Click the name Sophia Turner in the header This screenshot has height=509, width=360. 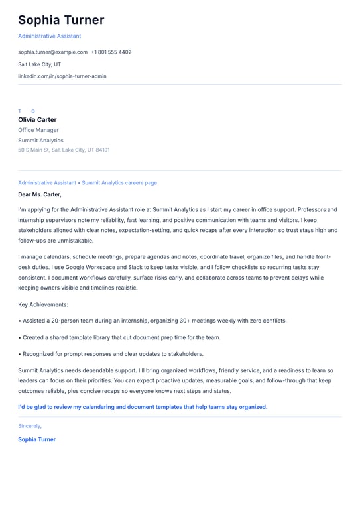point(61,21)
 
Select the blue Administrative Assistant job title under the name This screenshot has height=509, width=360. point(50,36)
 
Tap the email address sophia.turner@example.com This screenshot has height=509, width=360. point(52,52)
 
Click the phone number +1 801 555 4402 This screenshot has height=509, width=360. point(111,52)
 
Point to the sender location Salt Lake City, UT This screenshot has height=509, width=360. point(39,64)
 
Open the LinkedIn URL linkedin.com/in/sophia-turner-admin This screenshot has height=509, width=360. point(62,76)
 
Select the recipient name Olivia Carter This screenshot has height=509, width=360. point(37,120)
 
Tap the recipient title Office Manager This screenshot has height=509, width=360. point(38,130)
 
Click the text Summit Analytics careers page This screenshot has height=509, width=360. point(119,182)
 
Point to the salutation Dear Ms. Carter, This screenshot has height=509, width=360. point(40,194)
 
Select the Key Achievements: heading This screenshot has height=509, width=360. point(43,305)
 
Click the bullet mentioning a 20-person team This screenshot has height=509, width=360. point(152,321)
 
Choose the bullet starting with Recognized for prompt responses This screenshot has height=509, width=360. point(111,354)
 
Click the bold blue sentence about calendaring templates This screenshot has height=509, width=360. point(143,407)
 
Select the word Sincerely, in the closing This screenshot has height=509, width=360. point(30,426)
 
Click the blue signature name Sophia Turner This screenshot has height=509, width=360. point(37,439)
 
